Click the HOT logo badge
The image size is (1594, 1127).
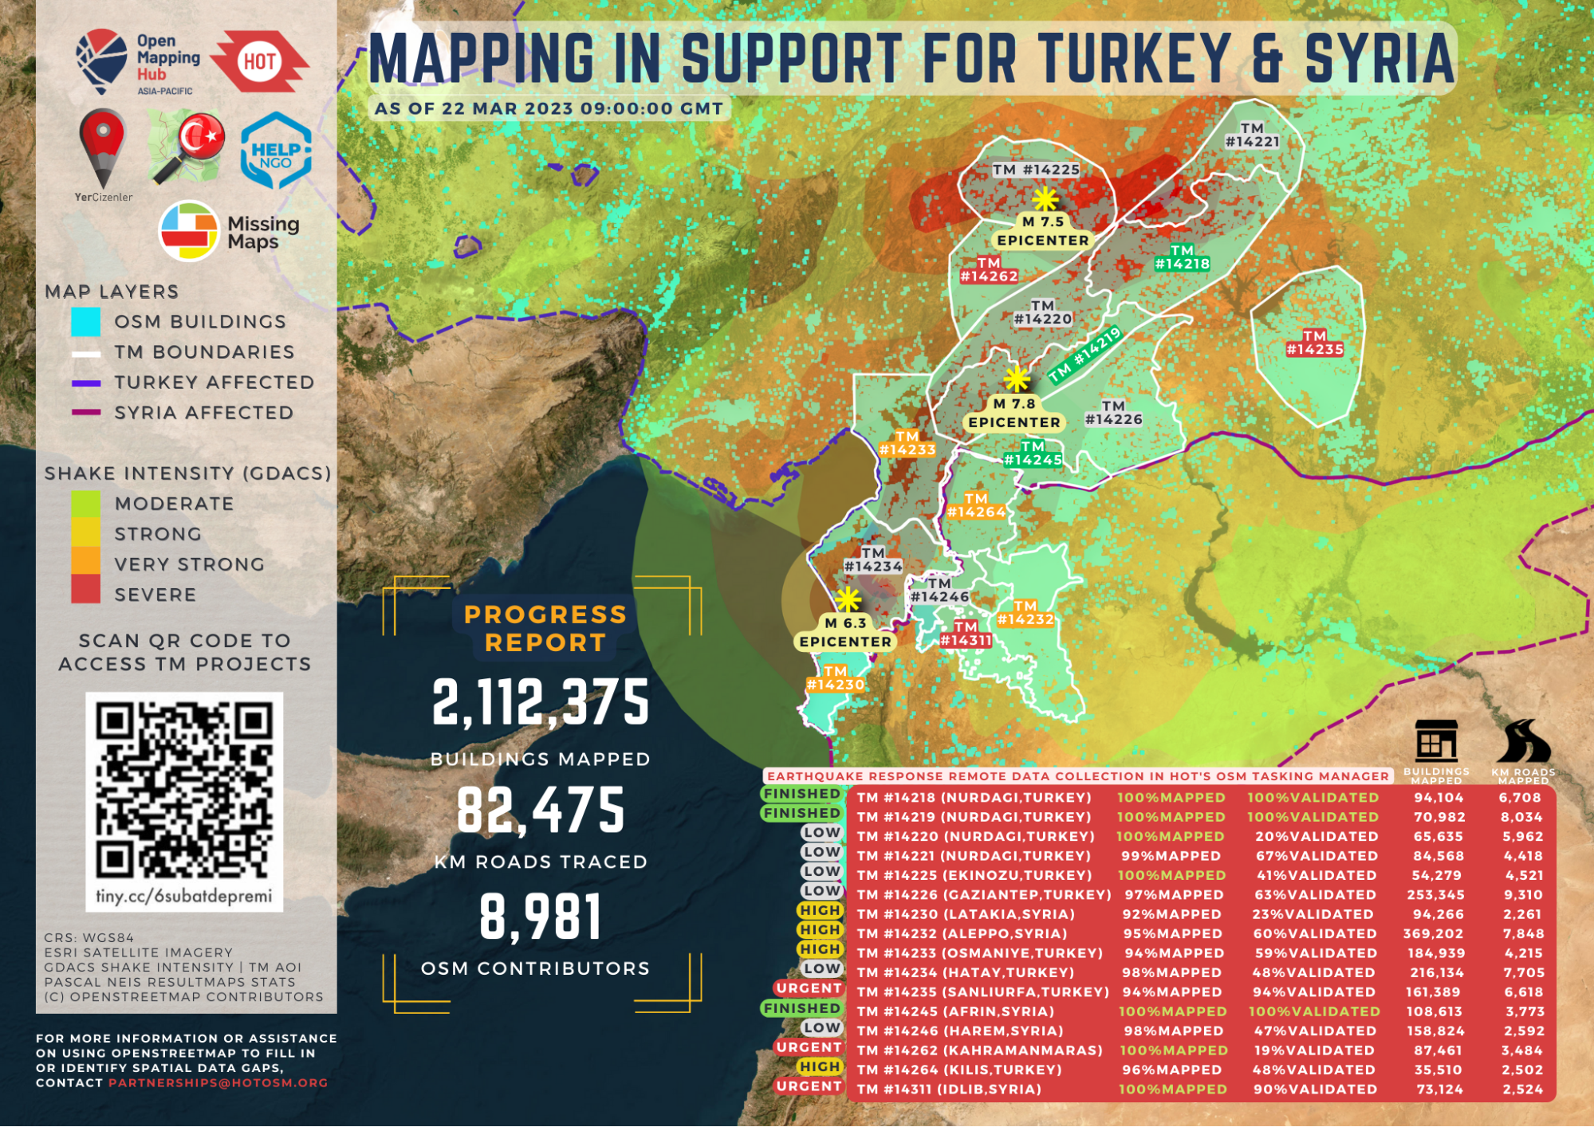click(261, 61)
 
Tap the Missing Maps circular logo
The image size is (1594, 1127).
click(189, 231)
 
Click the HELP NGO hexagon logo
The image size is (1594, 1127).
click(276, 151)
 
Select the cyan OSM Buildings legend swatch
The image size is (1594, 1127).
click(85, 321)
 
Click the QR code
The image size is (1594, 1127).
click(184, 790)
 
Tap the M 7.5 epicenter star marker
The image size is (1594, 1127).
click(1045, 199)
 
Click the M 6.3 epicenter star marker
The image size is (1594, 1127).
click(848, 599)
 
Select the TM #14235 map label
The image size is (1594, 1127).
click(1314, 343)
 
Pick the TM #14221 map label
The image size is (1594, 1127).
click(1252, 135)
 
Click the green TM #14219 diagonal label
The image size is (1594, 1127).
click(1085, 355)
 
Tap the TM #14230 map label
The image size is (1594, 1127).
click(835, 678)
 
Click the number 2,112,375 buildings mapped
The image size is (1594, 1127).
click(541, 703)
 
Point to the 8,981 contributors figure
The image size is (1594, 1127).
click(541, 917)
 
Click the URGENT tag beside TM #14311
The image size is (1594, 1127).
click(809, 1086)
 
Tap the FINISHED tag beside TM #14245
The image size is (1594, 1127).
click(801, 1008)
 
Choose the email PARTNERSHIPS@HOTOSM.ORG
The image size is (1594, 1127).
click(218, 1083)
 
